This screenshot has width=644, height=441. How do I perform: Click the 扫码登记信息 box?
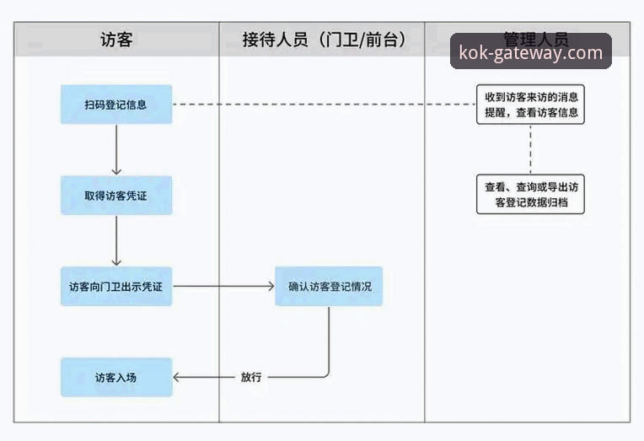pyautogui.click(x=115, y=105)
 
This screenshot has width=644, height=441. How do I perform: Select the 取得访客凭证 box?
pyautogui.click(x=115, y=196)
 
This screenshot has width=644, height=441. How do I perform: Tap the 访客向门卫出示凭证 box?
pyautogui.click(x=115, y=287)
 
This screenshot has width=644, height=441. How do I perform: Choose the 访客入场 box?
pyautogui.click(x=115, y=377)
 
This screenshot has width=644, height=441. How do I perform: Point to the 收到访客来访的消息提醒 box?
pyautogui.click(x=530, y=105)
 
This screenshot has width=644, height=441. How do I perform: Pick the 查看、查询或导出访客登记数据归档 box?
pyautogui.click(x=530, y=196)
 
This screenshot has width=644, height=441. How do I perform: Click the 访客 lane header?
pyautogui.click(x=116, y=40)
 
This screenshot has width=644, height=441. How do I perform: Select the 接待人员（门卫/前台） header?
pyautogui.click(x=322, y=40)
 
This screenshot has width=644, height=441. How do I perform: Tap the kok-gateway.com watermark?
pyautogui.click(x=530, y=53)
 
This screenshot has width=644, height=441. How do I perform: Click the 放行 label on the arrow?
pyautogui.click(x=251, y=377)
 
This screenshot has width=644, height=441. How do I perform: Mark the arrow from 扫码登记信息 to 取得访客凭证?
pyautogui.click(x=115, y=149)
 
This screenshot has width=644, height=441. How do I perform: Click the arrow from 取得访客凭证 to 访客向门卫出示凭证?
pyautogui.click(x=115, y=240)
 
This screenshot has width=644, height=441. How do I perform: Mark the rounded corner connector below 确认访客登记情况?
pyautogui.click(x=325, y=372)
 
